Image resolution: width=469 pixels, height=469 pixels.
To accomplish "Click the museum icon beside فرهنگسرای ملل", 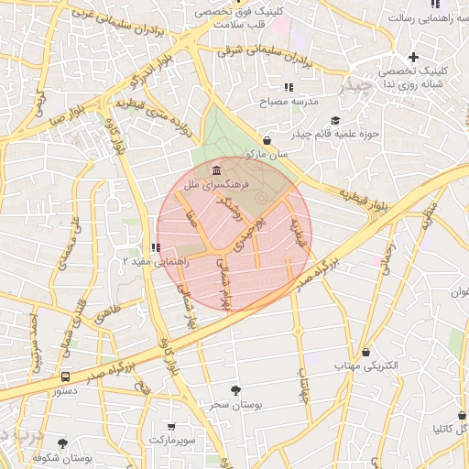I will pos(215,171).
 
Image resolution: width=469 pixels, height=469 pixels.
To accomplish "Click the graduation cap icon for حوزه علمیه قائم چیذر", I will pos(335,121).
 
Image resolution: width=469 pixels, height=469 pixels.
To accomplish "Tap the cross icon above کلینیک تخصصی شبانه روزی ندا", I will pos(414,57).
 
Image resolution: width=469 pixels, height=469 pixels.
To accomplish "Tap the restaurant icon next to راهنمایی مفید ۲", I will pos(155,247).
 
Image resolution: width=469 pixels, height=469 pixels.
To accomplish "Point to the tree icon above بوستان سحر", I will pos(236,389).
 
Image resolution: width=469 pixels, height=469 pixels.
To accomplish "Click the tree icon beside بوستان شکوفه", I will pos(62,443).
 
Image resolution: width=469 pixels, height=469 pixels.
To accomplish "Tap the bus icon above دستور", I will pos(65,376).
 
